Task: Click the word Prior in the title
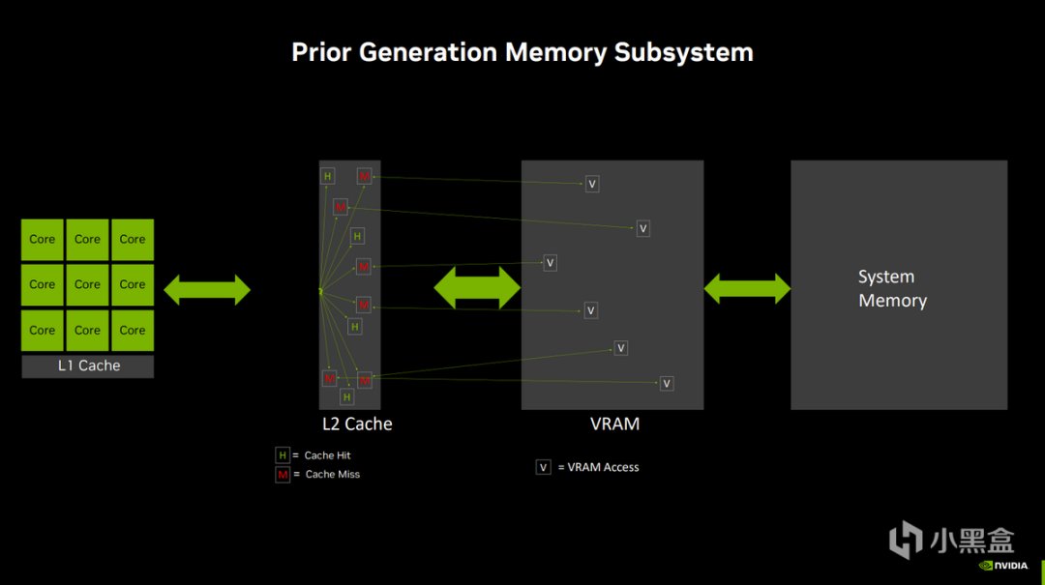321,52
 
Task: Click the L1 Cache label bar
87,366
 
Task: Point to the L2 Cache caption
357,424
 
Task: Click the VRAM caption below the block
614,424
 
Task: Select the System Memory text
892,289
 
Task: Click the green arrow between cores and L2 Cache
207,289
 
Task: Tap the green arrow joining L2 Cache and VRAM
477,288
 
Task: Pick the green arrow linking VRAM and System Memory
747,288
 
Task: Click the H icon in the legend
283,455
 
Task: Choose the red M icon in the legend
283,475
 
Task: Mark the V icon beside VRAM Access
544,467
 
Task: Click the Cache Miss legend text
333,475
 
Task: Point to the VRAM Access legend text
603,467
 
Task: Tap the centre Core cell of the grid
87,284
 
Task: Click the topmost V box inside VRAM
592,184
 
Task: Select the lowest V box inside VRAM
666,384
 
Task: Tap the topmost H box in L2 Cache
328,176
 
